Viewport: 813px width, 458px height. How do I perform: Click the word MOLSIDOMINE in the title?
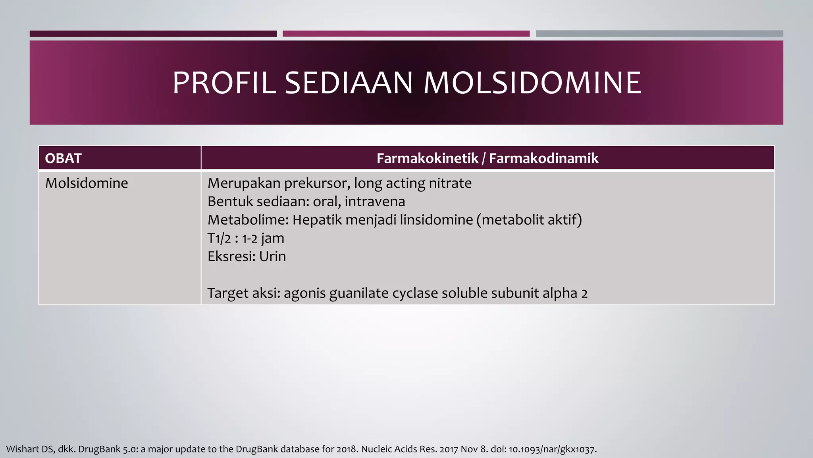pos(532,83)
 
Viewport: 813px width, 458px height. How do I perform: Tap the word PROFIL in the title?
pos(224,83)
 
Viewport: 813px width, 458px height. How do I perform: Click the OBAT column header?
pos(63,158)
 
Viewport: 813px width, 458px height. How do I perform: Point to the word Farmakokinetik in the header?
pos(427,158)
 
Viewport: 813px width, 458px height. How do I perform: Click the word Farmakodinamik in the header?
pos(543,158)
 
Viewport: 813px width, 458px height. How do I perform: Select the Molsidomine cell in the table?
pos(87,183)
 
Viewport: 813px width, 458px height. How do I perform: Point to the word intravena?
pos(375,202)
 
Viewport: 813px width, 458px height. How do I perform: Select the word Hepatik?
pos(317,220)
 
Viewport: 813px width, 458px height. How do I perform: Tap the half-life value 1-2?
pos(250,239)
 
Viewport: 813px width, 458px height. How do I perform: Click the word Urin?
pos(272,256)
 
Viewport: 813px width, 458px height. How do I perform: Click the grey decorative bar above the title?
pos(659,34)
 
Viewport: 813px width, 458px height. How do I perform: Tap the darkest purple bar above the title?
pos(153,34)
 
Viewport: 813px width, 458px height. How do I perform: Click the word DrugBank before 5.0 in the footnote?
pos(99,449)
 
